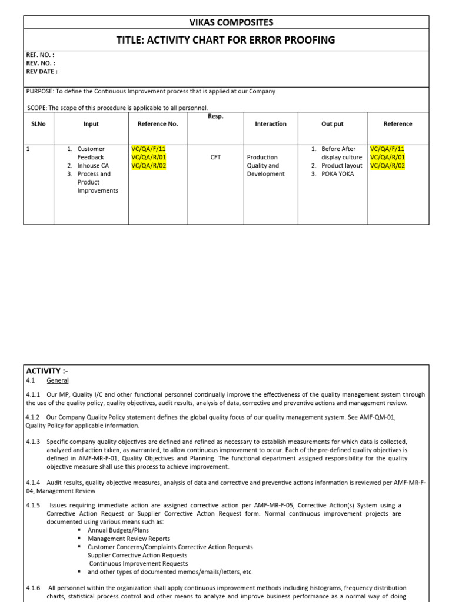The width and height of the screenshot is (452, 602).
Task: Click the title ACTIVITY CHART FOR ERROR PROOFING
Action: [x=227, y=40]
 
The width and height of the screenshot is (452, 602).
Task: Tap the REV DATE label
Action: [x=42, y=72]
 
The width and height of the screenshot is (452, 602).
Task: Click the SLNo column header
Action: [x=37, y=124]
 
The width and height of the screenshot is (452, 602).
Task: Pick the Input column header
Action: [x=91, y=124]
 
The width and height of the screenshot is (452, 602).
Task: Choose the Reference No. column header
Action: [x=158, y=124]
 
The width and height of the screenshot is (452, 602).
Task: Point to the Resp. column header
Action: [x=215, y=116]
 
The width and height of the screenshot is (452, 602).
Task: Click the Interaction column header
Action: [x=271, y=124]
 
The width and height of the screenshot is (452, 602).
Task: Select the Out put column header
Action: [x=333, y=124]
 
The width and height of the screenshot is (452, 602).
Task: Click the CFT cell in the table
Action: [x=215, y=158]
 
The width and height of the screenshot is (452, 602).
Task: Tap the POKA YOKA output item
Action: [x=338, y=174]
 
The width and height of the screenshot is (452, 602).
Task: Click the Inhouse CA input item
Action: [x=93, y=166]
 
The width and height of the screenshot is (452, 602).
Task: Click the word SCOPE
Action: [x=36, y=108]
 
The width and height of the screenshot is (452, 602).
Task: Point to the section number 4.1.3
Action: [x=33, y=442]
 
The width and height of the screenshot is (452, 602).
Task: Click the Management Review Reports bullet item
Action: [x=129, y=539]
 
